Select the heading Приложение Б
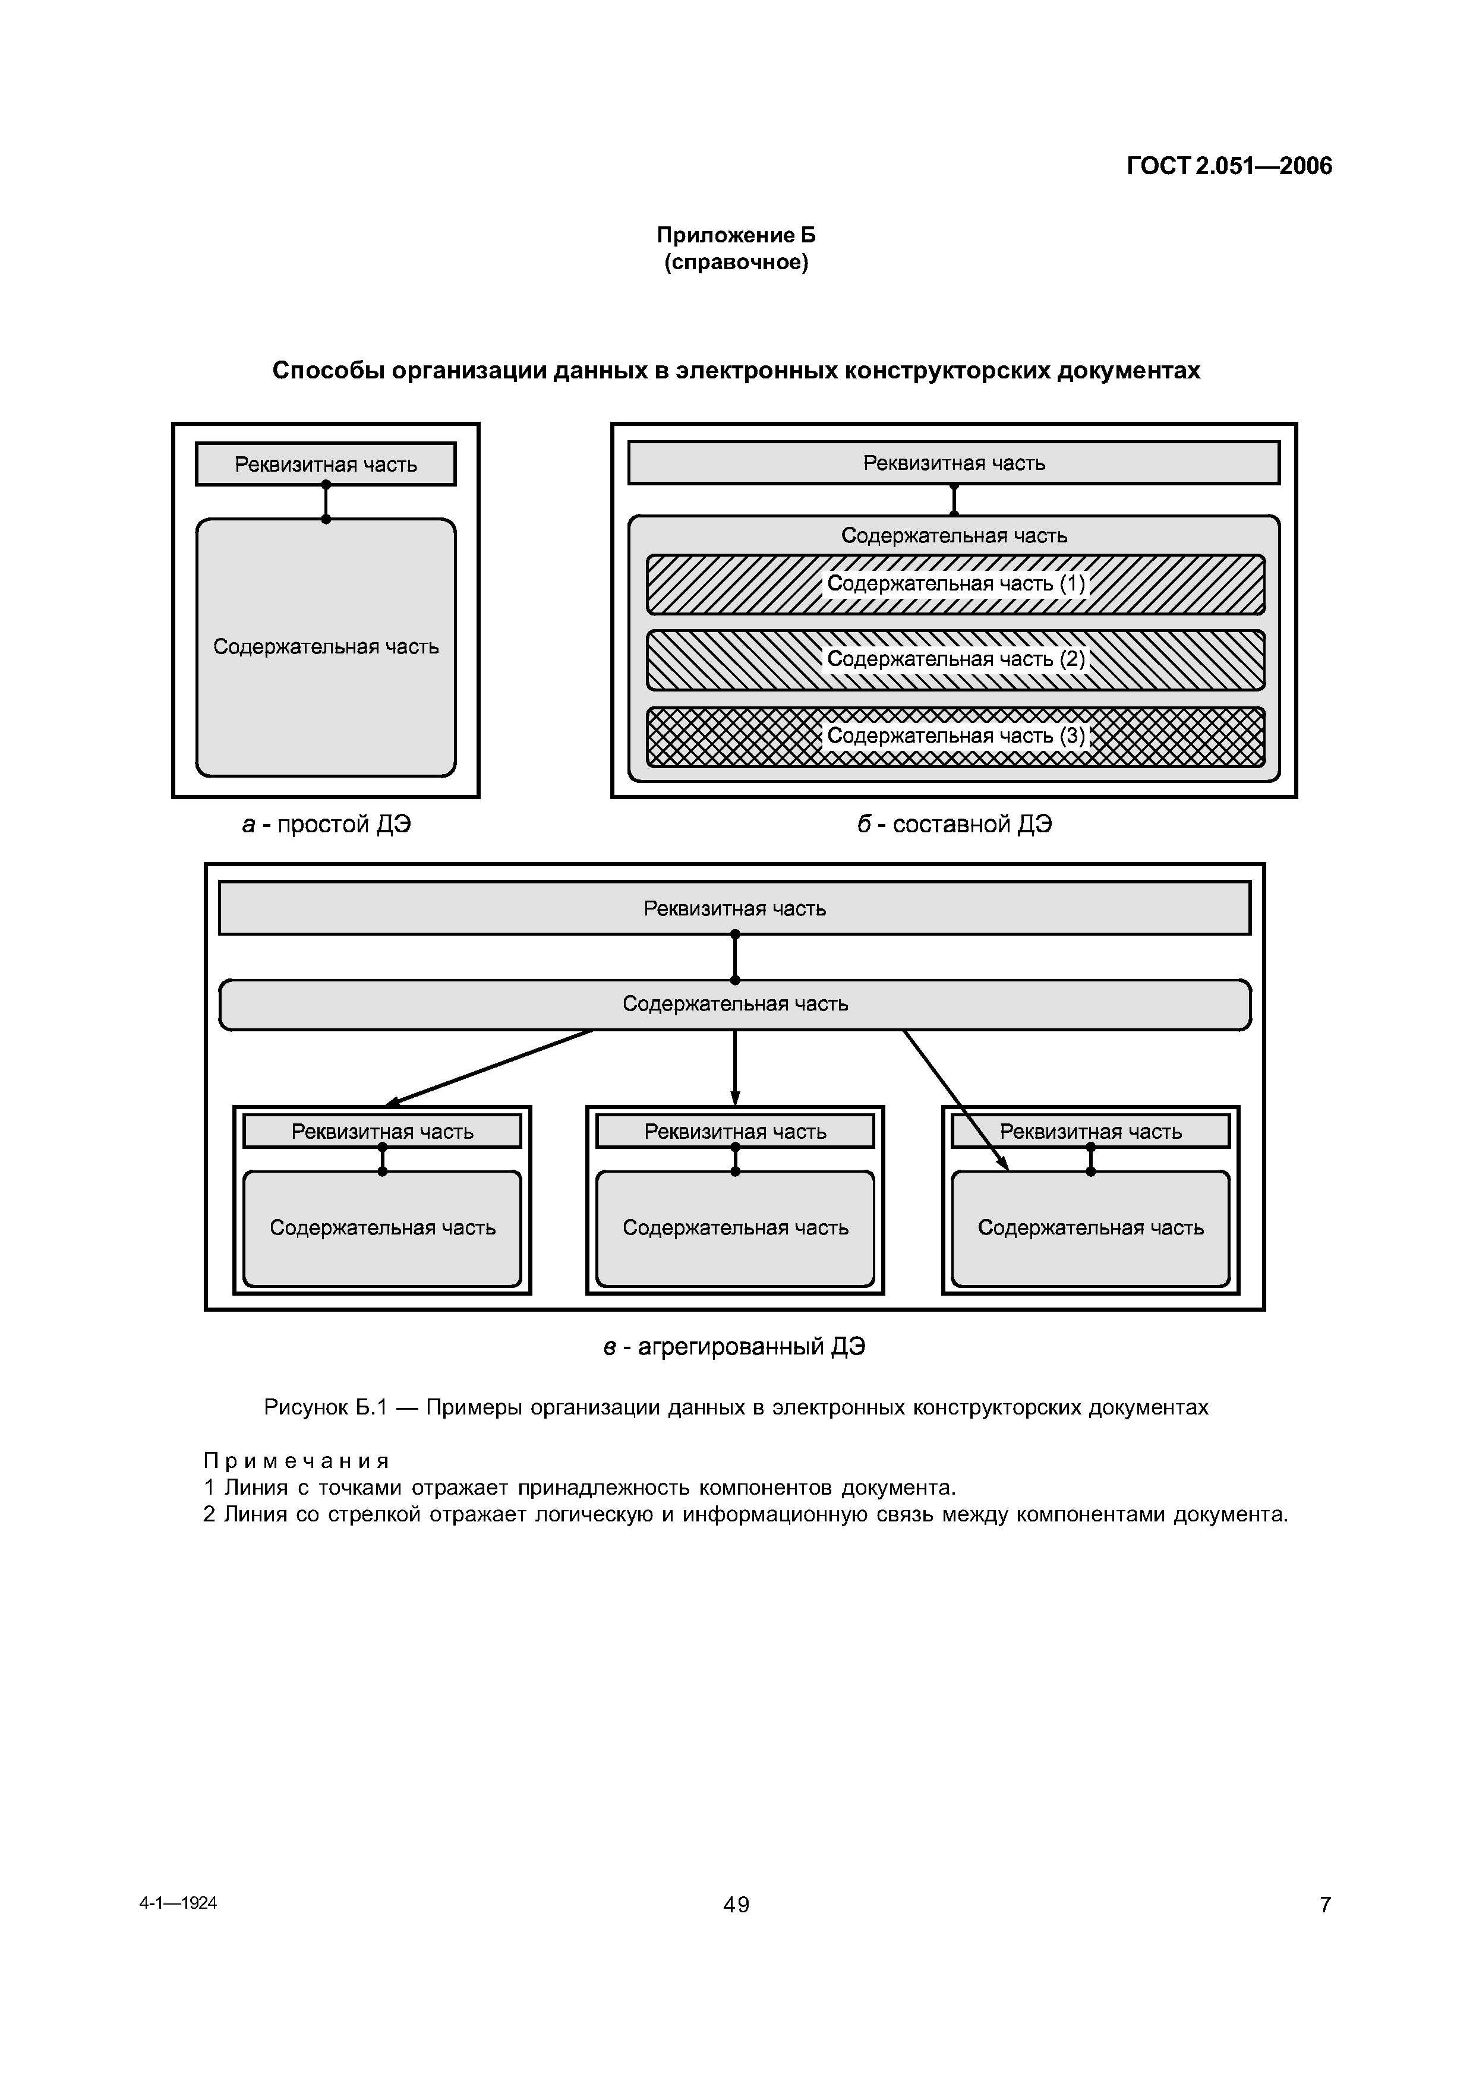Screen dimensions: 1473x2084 pos(736,235)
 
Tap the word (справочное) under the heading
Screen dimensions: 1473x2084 pos(736,263)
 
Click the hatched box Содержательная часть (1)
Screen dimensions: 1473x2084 pos(955,585)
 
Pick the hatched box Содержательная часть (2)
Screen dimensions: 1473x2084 pos(955,660)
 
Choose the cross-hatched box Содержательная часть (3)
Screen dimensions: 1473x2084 pos(955,736)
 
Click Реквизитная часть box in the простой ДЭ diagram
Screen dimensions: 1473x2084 pos(326,464)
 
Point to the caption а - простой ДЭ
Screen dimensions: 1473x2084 pos(326,824)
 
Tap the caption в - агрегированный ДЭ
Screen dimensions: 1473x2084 pos(734,1346)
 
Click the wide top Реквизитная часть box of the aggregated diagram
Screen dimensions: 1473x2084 pos(735,908)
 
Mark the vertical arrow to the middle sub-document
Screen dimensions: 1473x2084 pos(735,1068)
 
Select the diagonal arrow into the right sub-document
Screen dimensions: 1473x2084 pos(955,1100)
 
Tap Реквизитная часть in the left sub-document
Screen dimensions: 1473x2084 pos(382,1132)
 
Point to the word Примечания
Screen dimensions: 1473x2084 pos(296,1460)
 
